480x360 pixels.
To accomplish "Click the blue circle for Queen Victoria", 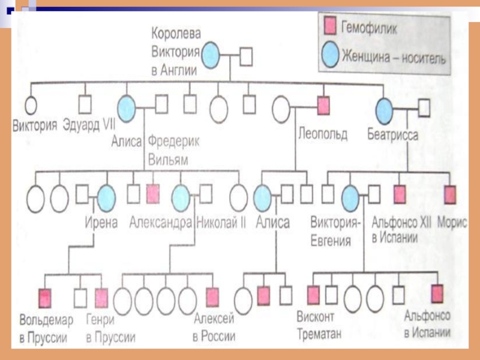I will tap(211, 56).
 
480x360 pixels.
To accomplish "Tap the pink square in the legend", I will tap(329, 26).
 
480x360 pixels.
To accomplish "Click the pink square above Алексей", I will tap(212, 296).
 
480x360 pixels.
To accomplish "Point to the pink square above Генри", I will tap(101, 297).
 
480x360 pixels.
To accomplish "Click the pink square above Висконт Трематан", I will tap(313, 294).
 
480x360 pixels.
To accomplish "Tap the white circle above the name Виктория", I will tap(29, 105).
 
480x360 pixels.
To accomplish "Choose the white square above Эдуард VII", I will tap(86, 104).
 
